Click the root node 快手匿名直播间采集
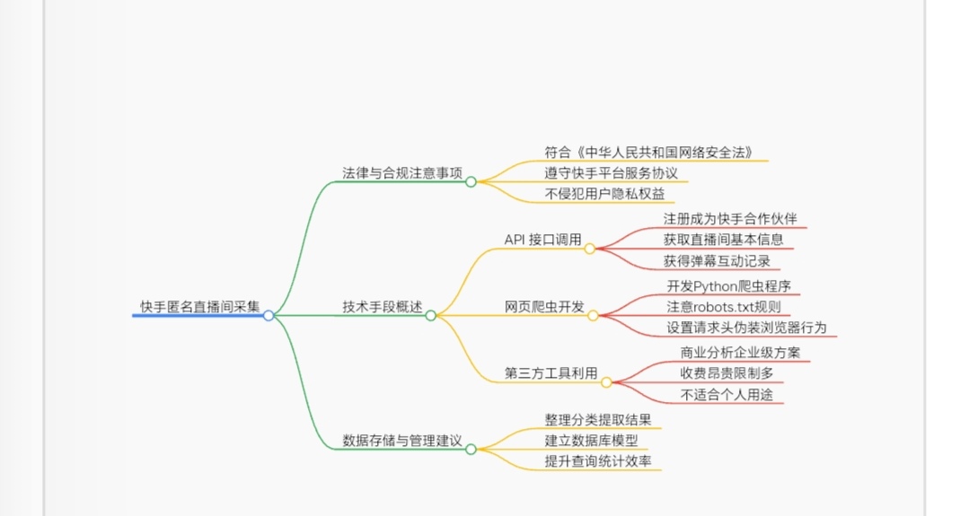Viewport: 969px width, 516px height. [199, 307]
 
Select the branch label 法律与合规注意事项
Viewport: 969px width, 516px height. [402, 172]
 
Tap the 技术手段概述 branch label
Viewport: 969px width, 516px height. [382, 307]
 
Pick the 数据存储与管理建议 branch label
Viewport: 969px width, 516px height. [402, 441]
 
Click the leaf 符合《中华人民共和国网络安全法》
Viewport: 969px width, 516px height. [647, 152]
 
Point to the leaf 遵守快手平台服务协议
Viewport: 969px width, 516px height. [611, 172]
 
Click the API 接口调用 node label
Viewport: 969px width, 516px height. [542, 241]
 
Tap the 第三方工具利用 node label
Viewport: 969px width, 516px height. [551, 374]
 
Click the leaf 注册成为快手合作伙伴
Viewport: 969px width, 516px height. [729, 219]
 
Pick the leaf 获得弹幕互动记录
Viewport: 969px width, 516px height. [717, 262]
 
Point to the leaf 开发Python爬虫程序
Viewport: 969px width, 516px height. [728, 286]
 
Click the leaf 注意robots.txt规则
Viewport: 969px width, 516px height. [724, 307]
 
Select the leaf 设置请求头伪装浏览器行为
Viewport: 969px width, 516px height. [746, 328]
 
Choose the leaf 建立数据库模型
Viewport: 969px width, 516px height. [591, 441]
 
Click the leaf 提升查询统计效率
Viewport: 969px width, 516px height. [598, 461]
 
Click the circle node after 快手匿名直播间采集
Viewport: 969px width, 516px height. [269, 315]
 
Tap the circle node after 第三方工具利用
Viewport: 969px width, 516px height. [606, 382]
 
